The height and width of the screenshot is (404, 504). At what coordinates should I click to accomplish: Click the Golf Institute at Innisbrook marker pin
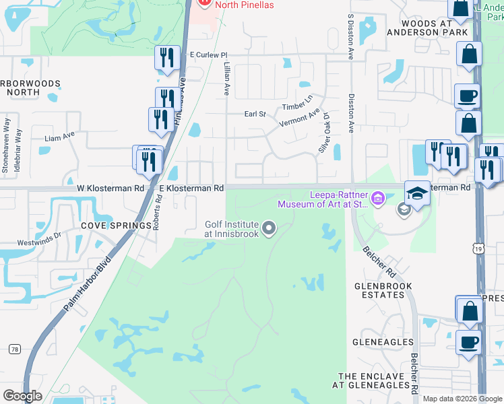pos(269,229)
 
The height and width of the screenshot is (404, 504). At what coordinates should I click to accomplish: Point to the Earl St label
pos(255,114)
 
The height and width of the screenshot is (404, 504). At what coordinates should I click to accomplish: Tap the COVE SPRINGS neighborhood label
pos(117,226)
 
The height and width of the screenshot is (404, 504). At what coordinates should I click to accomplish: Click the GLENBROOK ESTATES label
pos(383,290)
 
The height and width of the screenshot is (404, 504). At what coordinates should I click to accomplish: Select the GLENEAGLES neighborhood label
pos(383,342)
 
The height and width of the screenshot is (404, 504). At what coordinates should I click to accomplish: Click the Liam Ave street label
pos(59,137)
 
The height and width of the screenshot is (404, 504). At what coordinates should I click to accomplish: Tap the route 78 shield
pos(14,349)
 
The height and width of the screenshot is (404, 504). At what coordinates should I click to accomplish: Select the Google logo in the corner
pos(22,395)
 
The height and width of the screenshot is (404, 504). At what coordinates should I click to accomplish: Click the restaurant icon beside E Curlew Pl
pos(166,57)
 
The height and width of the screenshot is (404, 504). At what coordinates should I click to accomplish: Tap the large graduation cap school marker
pos(418,193)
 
